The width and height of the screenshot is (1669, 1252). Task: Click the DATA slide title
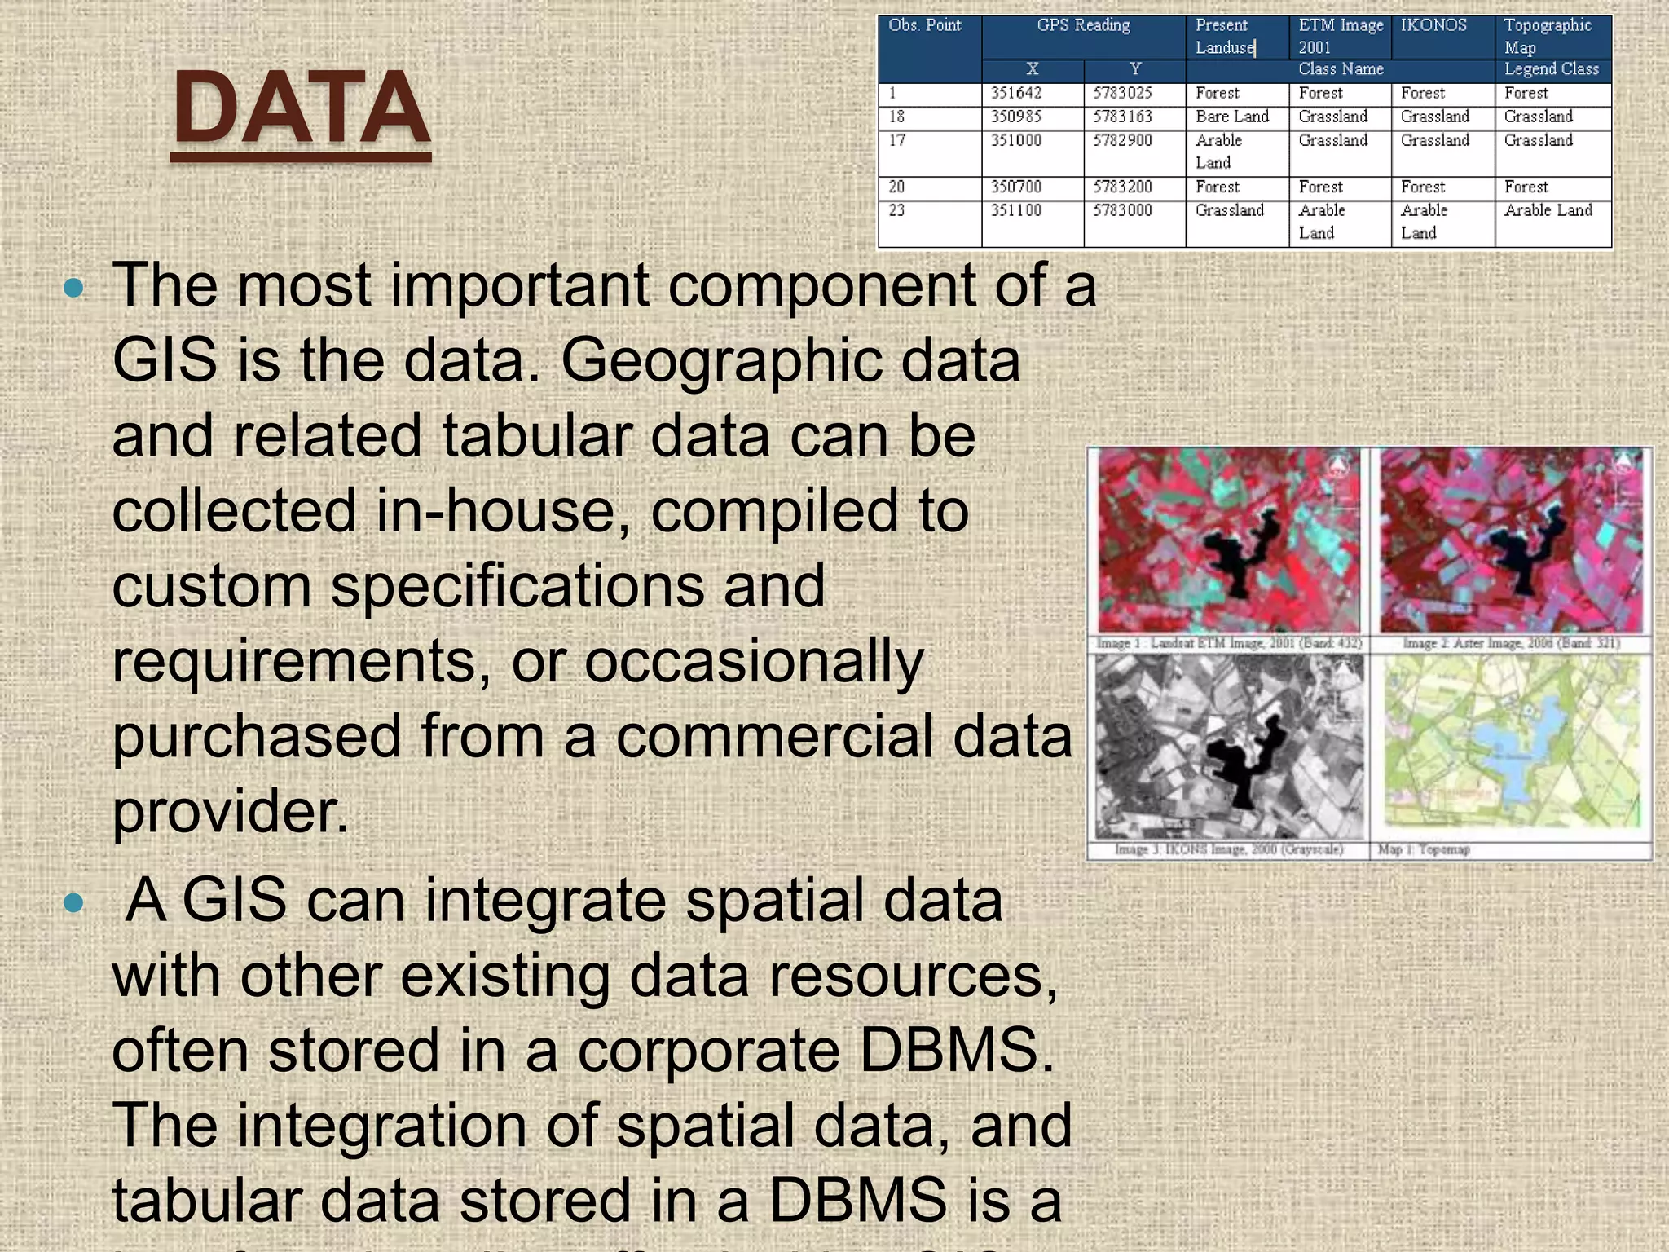pyautogui.click(x=301, y=108)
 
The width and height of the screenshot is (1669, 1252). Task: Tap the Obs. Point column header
pyautogui.click(x=925, y=25)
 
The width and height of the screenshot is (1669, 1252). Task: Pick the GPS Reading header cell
pyautogui.click(x=1083, y=25)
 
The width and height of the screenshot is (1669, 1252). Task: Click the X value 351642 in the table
pyautogui.click(x=1016, y=94)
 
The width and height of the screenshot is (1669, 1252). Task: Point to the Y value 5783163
pyautogui.click(x=1122, y=117)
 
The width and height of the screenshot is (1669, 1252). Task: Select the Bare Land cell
pyautogui.click(x=1232, y=117)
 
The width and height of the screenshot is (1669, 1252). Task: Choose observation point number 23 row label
pyautogui.click(x=897, y=210)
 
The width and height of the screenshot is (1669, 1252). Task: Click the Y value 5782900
pyautogui.click(x=1122, y=140)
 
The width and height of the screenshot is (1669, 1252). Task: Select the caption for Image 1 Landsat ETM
pyautogui.click(x=1229, y=644)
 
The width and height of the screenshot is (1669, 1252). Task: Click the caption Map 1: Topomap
pyautogui.click(x=1424, y=850)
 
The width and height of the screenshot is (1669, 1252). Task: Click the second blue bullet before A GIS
pyautogui.click(x=73, y=902)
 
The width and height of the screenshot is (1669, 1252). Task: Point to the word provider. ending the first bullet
pyautogui.click(x=231, y=812)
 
